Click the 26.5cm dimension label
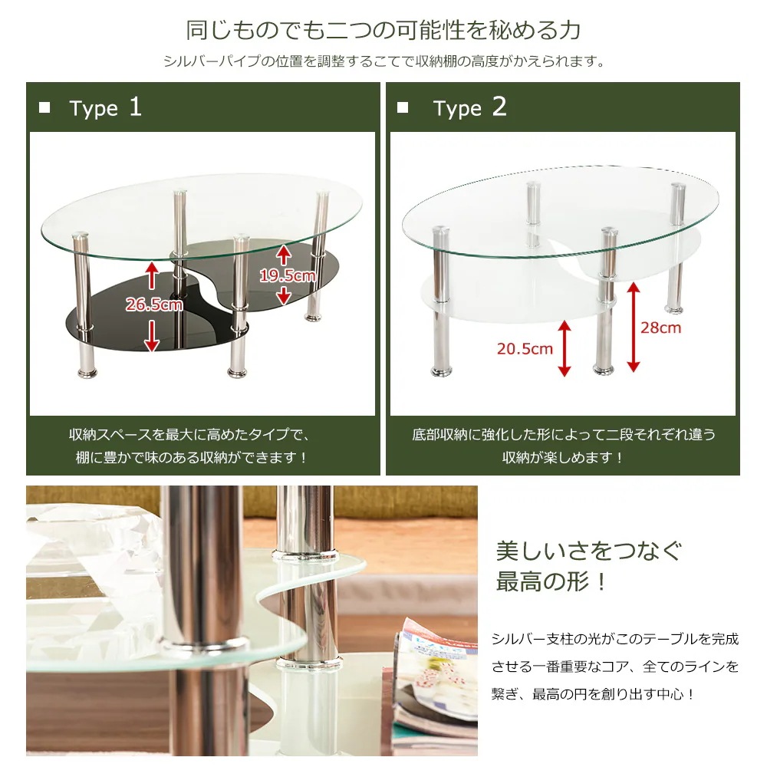154,304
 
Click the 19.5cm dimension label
287,276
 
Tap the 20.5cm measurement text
525,349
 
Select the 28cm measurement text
660,328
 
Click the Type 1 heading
105,107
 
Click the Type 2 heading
469,107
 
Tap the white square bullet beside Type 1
44,107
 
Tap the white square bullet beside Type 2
403,107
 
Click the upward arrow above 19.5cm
284,253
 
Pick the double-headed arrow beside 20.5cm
565,349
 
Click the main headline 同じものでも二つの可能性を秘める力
383,31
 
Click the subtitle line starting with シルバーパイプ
383,61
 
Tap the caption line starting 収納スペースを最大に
189,435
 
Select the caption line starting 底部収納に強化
563,435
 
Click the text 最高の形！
552,581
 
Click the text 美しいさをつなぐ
588,551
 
